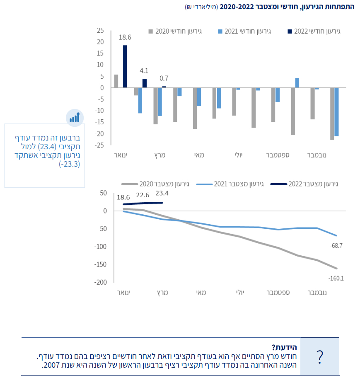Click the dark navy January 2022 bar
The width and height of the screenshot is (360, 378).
coord(125,67)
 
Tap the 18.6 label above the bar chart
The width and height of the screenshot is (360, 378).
coord(125,37)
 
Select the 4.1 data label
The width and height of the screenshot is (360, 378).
coord(144,71)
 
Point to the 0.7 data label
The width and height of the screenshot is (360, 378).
coord(164,78)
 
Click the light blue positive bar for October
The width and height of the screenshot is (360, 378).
coord(297,83)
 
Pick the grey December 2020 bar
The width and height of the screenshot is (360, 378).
coord(332,114)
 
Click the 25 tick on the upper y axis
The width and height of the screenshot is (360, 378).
coord(100,30)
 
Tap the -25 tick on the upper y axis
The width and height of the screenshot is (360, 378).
coord(99,145)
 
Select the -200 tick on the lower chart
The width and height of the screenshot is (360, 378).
coord(101,282)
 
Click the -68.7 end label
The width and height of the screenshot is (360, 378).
coord(336,246)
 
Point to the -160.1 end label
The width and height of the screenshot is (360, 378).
coord(336,279)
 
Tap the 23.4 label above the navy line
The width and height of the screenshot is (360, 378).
coord(162,193)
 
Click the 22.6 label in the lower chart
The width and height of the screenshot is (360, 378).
coord(143,195)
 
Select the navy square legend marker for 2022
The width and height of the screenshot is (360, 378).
coord(290,31)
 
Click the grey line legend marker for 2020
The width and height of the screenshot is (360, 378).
coord(130,184)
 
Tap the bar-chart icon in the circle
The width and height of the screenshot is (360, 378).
coord(75,118)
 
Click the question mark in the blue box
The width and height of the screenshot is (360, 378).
coord(319,357)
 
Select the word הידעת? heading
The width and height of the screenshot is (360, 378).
coord(284,347)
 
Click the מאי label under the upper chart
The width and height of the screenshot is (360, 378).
coord(199,155)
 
